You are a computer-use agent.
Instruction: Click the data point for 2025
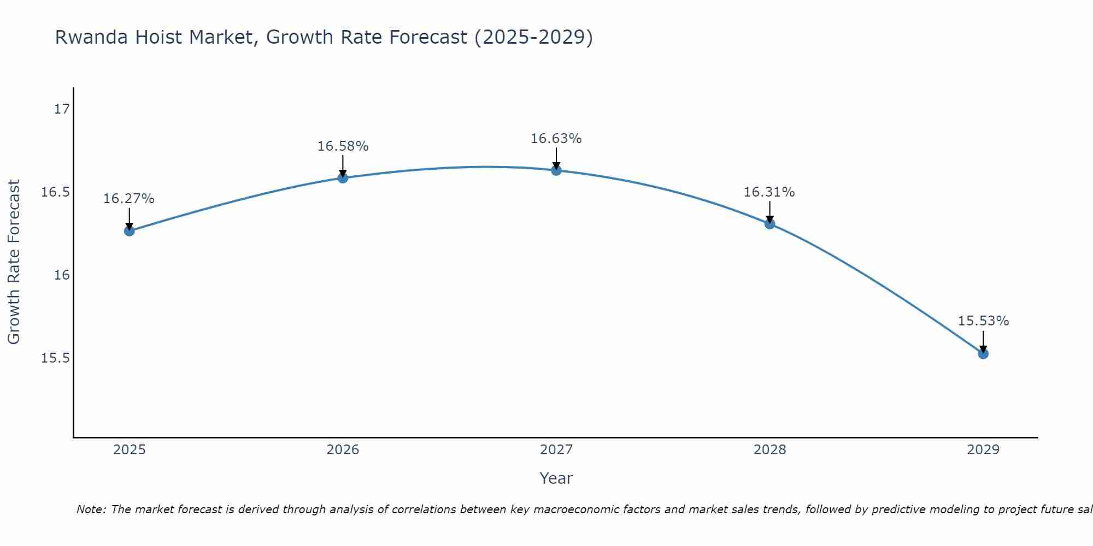point(129,231)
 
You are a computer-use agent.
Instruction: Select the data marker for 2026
point(343,177)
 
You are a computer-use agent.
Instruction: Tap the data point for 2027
point(556,170)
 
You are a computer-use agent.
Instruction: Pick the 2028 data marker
point(769,224)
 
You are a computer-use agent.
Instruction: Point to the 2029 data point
point(983,354)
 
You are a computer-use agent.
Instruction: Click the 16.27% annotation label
point(129,199)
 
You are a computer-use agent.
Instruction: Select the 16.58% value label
point(343,146)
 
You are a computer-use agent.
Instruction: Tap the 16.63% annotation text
point(556,139)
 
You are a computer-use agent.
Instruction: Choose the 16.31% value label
point(769,192)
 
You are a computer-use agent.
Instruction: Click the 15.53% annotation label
point(983,321)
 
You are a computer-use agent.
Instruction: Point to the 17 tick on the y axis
point(62,109)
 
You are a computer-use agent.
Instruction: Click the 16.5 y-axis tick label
point(56,192)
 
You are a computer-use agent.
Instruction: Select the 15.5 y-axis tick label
point(56,358)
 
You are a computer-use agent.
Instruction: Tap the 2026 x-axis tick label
point(343,450)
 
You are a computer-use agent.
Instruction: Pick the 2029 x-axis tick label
point(983,450)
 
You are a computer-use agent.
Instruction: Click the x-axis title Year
point(556,478)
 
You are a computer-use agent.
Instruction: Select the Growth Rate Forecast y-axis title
point(14,262)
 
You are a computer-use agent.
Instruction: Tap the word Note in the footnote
point(91,509)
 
